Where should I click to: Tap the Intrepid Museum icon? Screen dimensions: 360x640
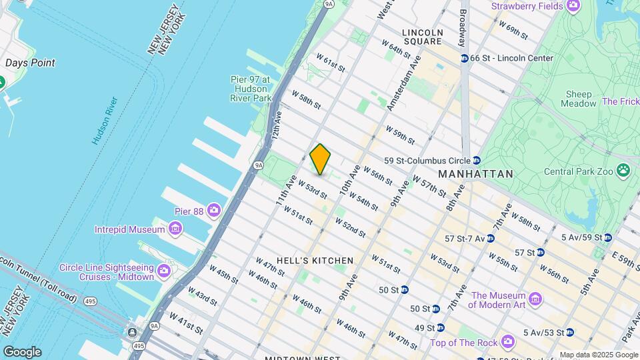(x=175, y=229)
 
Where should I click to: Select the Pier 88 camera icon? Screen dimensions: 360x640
(x=214, y=211)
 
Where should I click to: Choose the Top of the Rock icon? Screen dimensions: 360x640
(x=508, y=341)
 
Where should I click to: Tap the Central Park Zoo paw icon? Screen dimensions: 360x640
(x=623, y=170)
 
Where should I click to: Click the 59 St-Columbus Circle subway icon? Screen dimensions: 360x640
(x=477, y=160)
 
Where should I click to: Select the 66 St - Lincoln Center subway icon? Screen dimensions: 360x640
(x=464, y=58)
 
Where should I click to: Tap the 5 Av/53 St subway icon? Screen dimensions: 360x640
(x=570, y=332)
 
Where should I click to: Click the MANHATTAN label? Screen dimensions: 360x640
(x=476, y=174)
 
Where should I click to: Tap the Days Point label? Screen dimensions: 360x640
(x=30, y=63)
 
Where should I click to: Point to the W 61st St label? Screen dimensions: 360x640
(x=330, y=64)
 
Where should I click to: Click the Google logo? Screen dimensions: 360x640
(x=22, y=352)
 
